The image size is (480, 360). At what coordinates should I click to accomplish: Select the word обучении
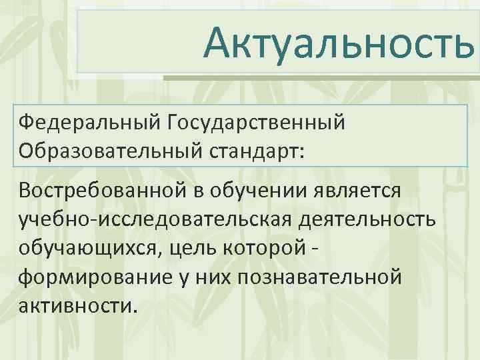click(266, 190)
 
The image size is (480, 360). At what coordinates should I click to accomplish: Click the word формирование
click(94, 277)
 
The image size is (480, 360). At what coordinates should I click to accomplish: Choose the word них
click(221, 277)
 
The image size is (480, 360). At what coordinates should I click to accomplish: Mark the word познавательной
click(327, 277)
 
